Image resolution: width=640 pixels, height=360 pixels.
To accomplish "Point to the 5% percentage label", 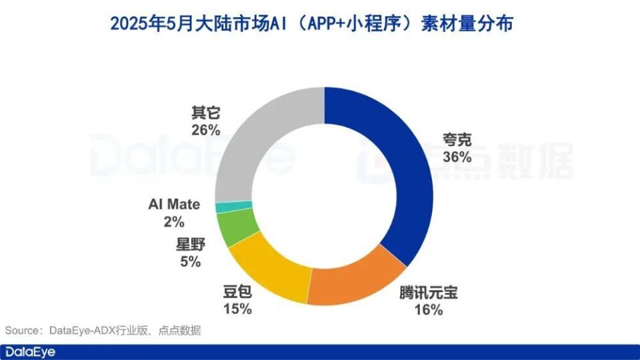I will point(189,261).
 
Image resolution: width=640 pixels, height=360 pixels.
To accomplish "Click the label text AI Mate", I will point(173,204).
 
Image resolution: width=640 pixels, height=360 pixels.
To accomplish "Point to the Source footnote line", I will point(103,331).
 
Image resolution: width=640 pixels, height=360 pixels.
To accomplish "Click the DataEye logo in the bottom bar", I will point(30,352).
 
